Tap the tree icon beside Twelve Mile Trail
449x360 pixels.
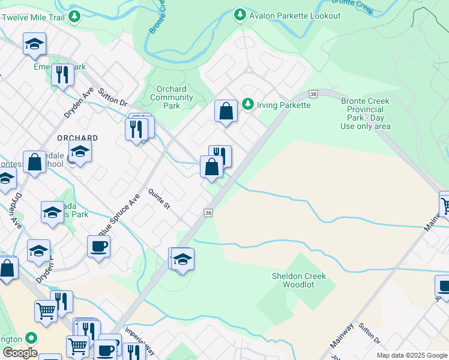click(x=74, y=16)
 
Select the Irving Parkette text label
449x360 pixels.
click(x=284, y=105)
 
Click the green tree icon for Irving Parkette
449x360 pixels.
click(x=247, y=104)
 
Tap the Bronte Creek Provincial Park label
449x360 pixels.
click(x=366, y=113)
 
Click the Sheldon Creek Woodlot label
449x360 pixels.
click(x=298, y=281)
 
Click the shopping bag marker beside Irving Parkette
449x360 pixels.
click(x=226, y=112)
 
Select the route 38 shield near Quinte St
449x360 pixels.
click(x=208, y=213)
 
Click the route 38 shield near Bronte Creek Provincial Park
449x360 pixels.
click(x=313, y=94)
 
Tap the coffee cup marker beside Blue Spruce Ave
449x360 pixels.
click(x=98, y=246)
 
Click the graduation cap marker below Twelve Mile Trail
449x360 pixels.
click(x=34, y=44)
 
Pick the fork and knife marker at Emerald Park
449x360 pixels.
click(x=62, y=75)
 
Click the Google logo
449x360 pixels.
click(x=20, y=353)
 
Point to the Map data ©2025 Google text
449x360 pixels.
click(x=412, y=355)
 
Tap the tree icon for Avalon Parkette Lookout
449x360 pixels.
click(x=240, y=14)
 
